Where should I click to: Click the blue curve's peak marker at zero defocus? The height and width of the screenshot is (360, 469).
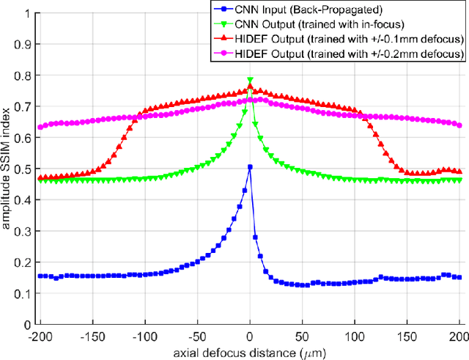tap(250, 167)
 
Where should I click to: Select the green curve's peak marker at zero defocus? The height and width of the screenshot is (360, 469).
tap(250, 80)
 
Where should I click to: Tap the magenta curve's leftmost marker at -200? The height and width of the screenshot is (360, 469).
tap(40, 127)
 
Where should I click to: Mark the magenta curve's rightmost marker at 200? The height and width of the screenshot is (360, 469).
tap(459, 125)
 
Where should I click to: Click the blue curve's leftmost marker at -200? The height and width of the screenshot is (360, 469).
tap(40, 276)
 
